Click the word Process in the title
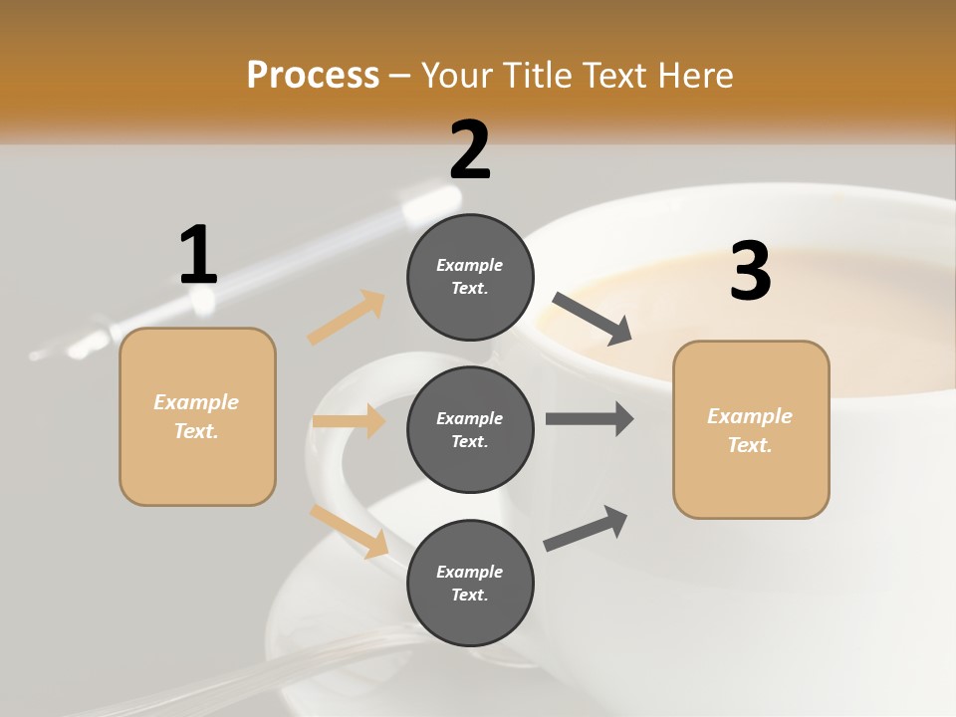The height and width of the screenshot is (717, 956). coord(313,75)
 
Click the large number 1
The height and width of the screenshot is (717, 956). coord(198,255)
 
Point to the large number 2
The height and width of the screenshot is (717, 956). coord(470,149)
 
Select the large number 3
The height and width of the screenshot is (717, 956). coord(751,272)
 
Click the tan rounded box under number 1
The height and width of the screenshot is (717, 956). coord(197,416)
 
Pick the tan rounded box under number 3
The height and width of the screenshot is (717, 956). coord(751,429)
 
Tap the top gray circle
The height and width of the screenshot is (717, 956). coord(470,276)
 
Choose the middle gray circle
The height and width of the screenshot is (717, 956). coord(470,429)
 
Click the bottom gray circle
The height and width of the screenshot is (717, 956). coord(470,583)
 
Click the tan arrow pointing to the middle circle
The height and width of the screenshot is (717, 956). coord(349,421)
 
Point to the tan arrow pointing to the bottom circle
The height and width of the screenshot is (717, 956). coord(350,531)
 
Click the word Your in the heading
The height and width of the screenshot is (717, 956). coord(457,75)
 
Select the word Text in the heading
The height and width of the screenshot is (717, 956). coord(610,75)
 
